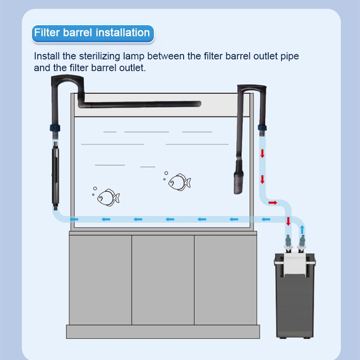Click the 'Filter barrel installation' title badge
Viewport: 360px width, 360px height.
[x=93, y=33]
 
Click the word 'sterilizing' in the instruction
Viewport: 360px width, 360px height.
[x=99, y=56]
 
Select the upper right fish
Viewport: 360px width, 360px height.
[x=180, y=182]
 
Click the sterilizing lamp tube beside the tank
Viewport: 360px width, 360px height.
[x=55, y=176]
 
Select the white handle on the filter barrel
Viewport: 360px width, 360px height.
[x=295, y=264]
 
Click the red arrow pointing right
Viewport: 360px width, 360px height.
[x=273, y=203]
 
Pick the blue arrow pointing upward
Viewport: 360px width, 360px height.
[x=302, y=229]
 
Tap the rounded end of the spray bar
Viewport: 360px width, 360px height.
[x=198, y=104]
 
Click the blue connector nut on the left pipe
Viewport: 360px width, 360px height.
[x=55, y=128]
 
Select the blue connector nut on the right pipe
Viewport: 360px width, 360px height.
[x=262, y=128]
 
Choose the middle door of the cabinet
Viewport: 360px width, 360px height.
[x=163, y=280]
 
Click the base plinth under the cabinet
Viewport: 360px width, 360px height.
[x=163, y=332]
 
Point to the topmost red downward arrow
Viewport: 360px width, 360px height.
[x=262, y=153]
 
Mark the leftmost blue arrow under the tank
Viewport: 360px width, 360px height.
[x=74, y=219]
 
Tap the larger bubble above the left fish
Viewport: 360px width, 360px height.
[x=95, y=189]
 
